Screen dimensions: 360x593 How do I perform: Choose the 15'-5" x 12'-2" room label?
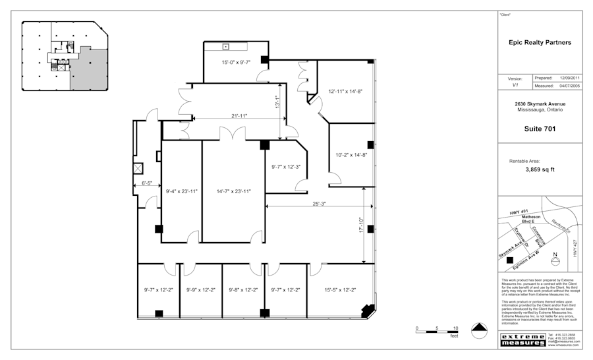[340, 289]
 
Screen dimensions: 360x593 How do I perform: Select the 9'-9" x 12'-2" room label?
[201, 289]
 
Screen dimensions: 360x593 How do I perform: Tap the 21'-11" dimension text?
[239, 116]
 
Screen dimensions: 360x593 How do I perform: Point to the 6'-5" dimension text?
[147, 184]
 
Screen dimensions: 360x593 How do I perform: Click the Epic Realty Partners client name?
[540, 43]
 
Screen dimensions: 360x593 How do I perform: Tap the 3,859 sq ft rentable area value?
[540, 169]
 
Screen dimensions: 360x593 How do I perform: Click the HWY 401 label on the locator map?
[519, 212]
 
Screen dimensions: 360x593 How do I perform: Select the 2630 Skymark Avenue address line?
[540, 104]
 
